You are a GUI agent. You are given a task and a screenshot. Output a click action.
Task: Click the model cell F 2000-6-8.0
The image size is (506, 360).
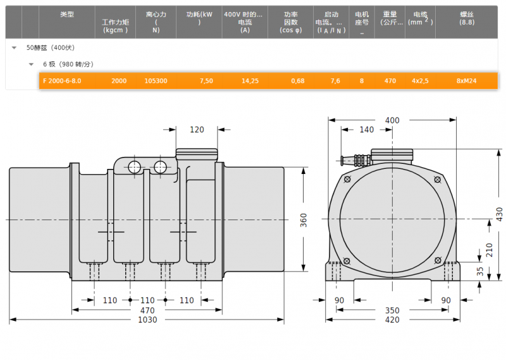pyautogui.click(x=62, y=81)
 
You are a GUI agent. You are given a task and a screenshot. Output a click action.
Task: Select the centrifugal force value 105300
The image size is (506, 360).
pyautogui.click(x=156, y=81)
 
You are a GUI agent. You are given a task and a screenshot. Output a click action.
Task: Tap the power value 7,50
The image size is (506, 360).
pyautogui.click(x=206, y=81)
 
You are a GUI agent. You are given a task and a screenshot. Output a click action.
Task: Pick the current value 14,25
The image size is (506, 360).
pyautogui.click(x=250, y=81)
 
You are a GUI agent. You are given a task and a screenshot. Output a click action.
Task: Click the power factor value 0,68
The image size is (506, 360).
pyautogui.click(x=297, y=81)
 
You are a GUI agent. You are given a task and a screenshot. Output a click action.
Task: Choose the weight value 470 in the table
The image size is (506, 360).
pyautogui.click(x=390, y=81)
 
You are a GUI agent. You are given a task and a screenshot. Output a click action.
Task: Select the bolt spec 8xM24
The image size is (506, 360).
pyautogui.click(x=466, y=81)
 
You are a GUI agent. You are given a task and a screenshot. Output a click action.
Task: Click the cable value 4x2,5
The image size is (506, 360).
pyautogui.click(x=420, y=81)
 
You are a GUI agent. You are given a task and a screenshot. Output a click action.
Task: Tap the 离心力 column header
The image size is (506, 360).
pyautogui.click(x=156, y=22)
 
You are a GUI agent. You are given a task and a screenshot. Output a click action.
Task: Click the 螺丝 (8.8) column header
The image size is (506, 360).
pyautogui.click(x=467, y=18)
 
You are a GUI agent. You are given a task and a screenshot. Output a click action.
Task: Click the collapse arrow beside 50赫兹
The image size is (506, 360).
pyautogui.click(x=14, y=48)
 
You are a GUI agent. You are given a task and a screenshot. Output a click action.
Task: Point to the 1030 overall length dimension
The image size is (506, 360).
pyautogui.click(x=147, y=320)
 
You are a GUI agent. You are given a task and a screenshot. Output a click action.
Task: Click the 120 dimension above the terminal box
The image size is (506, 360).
pyautogui.click(x=197, y=130)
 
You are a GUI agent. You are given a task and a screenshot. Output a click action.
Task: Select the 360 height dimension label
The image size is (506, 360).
pyautogui.click(x=304, y=220)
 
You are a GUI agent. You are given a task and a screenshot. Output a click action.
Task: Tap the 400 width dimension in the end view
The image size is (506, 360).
pyautogui.click(x=392, y=120)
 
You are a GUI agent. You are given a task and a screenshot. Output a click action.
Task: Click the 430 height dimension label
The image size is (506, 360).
pyautogui.click(x=499, y=214)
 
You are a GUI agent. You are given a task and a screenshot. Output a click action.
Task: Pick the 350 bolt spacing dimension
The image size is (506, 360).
pyautogui.click(x=392, y=310)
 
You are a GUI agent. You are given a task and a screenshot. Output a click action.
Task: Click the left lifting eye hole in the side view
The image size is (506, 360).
pyautogui.click(x=134, y=167)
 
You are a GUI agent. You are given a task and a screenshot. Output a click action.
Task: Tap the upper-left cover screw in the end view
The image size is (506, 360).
pyautogui.click(x=347, y=179)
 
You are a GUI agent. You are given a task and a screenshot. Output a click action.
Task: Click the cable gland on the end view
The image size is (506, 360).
pyautogui.click(x=355, y=160)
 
